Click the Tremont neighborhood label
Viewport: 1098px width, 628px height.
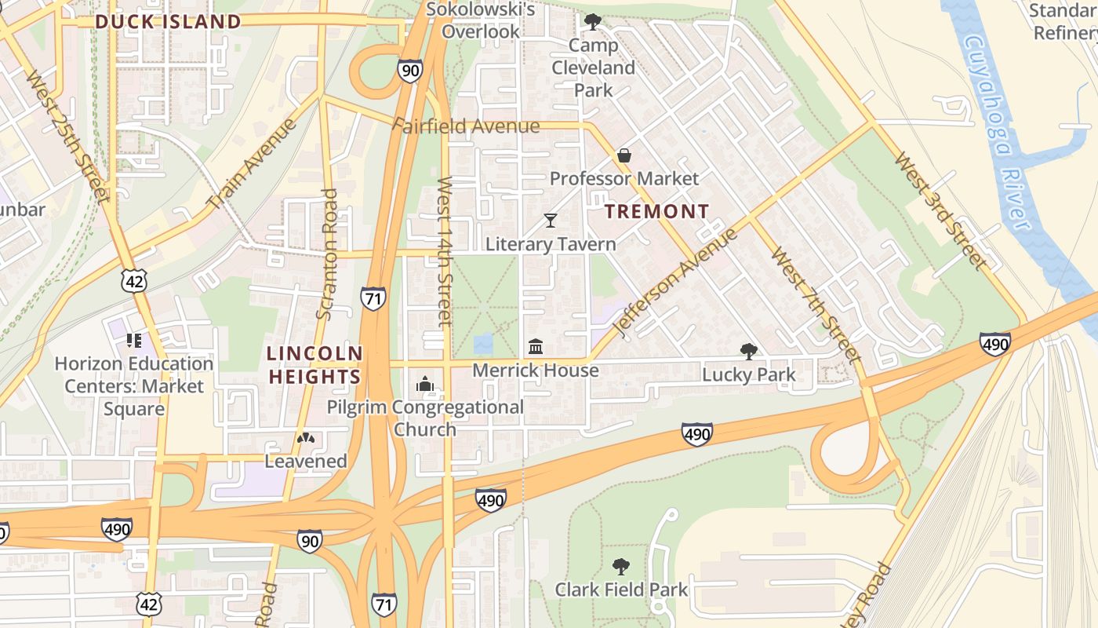[657, 211]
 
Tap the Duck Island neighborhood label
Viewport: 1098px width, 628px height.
[168, 21]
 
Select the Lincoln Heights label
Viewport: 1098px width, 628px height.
[314, 365]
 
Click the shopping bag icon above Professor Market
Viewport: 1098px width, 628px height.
[624, 155]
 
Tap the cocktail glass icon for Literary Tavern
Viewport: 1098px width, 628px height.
[551, 221]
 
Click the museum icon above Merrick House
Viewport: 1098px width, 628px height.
[536, 346]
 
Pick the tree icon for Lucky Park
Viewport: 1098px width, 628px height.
[748, 351]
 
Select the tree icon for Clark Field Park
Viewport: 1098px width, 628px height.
[620, 566]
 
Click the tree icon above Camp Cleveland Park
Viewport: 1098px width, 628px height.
[593, 22]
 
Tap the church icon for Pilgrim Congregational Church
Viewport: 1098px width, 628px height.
[425, 384]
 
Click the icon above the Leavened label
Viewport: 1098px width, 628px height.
[306, 438]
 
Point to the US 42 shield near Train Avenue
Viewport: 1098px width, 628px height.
[135, 280]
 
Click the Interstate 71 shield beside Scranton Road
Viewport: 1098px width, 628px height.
[373, 298]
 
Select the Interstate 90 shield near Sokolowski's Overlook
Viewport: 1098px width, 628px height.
[409, 71]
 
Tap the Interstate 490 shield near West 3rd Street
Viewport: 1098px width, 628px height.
[994, 343]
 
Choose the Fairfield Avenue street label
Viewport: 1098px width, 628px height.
[469, 126]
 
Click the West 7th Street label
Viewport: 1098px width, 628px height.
[816, 306]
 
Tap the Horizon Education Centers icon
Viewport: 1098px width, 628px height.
[133, 341]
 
